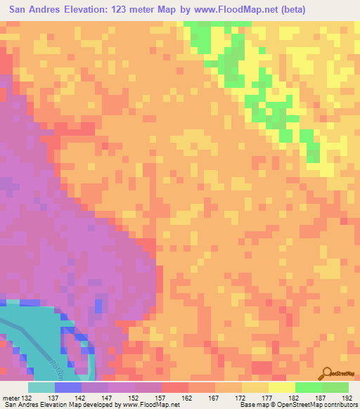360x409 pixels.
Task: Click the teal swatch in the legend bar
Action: [x=41, y=387]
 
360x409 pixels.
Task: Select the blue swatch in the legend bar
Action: [x=68, y=387]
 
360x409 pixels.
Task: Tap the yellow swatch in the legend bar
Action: [x=282, y=387]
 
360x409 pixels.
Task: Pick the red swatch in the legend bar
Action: [x=175, y=387]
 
